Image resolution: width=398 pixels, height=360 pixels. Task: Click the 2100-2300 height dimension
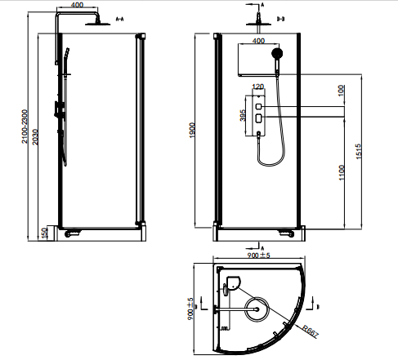coord(25,127)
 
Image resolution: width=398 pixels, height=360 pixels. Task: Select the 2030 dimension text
coord(35,137)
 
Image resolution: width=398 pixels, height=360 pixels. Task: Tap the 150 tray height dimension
coord(44,233)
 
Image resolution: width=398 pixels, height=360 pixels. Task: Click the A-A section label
coord(119,19)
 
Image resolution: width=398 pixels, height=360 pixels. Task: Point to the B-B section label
coord(280,19)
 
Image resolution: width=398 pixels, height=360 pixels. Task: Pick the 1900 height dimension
coord(192,131)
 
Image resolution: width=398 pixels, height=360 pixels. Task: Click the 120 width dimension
coord(258,87)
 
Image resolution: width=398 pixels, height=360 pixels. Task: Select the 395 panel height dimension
coord(243,115)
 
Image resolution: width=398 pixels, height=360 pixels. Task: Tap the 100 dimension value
coord(341,91)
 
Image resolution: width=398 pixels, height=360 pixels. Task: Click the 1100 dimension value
coord(342,172)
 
